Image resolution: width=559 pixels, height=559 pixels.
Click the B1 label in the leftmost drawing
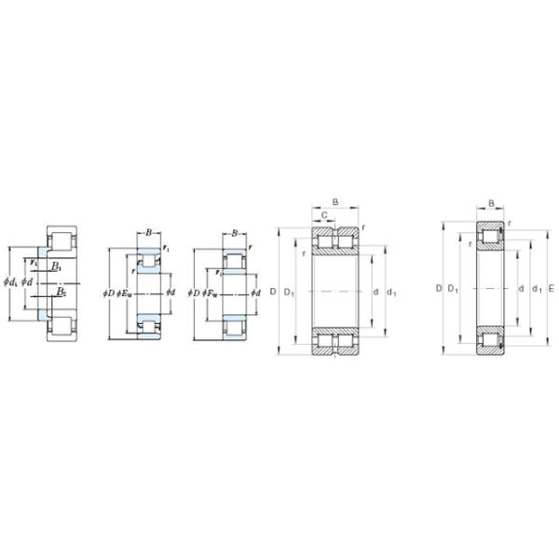56,267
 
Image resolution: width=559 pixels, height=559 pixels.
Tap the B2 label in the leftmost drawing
60,292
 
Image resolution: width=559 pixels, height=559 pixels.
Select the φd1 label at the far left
10,281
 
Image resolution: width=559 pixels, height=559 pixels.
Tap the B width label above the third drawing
234,233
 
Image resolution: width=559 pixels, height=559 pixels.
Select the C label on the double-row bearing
323,215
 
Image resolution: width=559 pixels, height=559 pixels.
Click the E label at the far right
551,289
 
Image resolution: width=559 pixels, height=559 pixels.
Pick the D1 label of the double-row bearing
289,293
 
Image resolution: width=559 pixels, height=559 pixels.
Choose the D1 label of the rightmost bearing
453,289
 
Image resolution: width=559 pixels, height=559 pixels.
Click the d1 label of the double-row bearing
391,293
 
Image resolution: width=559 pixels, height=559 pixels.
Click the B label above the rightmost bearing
491,202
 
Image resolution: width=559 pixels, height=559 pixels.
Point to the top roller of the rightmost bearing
491,237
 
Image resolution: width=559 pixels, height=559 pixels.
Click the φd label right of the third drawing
255,293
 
